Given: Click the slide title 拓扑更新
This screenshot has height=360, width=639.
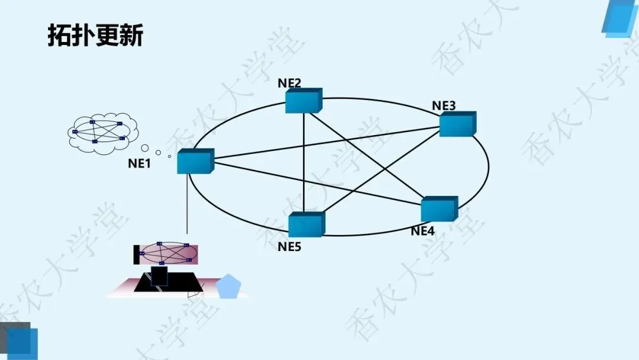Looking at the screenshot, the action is click(x=95, y=36).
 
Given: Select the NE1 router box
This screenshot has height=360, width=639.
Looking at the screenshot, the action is click(x=195, y=161).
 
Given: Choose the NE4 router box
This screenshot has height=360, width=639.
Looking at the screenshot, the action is click(x=439, y=209).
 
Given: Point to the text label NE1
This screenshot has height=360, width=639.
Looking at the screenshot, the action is click(x=140, y=164).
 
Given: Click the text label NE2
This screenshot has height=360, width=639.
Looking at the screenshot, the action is click(x=289, y=83).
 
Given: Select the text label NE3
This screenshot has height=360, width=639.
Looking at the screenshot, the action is click(x=444, y=106).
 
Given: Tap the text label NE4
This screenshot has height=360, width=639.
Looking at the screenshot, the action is click(x=422, y=231).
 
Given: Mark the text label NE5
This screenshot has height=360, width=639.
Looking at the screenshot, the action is click(x=289, y=246).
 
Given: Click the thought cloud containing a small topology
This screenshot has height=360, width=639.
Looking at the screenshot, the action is click(x=102, y=133).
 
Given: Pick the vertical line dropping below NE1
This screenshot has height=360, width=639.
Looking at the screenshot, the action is click(x=187, y=204).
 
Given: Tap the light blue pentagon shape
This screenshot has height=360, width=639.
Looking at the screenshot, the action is click(x=228, y=287).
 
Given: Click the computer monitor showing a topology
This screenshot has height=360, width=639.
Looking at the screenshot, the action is click(x=166, y=253).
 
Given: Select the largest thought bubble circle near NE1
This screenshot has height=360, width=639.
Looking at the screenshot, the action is click(x=145, y=147).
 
